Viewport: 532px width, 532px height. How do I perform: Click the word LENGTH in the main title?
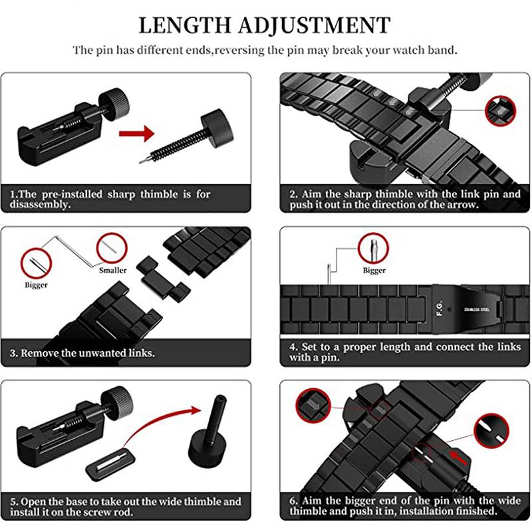(x=185, y=26)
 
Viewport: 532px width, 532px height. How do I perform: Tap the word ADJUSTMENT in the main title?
(x=314, y=26)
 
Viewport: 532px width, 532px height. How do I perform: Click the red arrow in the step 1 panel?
(x=137, y=134)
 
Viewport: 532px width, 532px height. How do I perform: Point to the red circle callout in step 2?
(x=501, y=111)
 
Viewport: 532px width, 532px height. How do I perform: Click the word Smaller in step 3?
(x=112, y=271)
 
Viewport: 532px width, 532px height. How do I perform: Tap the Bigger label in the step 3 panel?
(x=36, y=285)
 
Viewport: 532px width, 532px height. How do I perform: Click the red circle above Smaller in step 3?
(x=112, y=248)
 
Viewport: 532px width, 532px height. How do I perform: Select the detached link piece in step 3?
(x=163, y=279)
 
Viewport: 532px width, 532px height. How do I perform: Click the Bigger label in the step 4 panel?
(x=374, y=271)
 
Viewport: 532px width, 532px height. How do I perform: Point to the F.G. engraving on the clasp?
(x=440, y=308)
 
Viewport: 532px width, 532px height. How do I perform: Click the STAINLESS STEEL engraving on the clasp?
(x=476, y=309)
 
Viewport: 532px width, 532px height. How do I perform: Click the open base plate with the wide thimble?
(x=110, y=464)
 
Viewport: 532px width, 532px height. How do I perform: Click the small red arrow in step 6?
(x=458, y=458)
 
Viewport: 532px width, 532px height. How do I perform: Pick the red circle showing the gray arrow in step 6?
(x=313, y=405)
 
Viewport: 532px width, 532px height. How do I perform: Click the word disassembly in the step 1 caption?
(x=40, y=205)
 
